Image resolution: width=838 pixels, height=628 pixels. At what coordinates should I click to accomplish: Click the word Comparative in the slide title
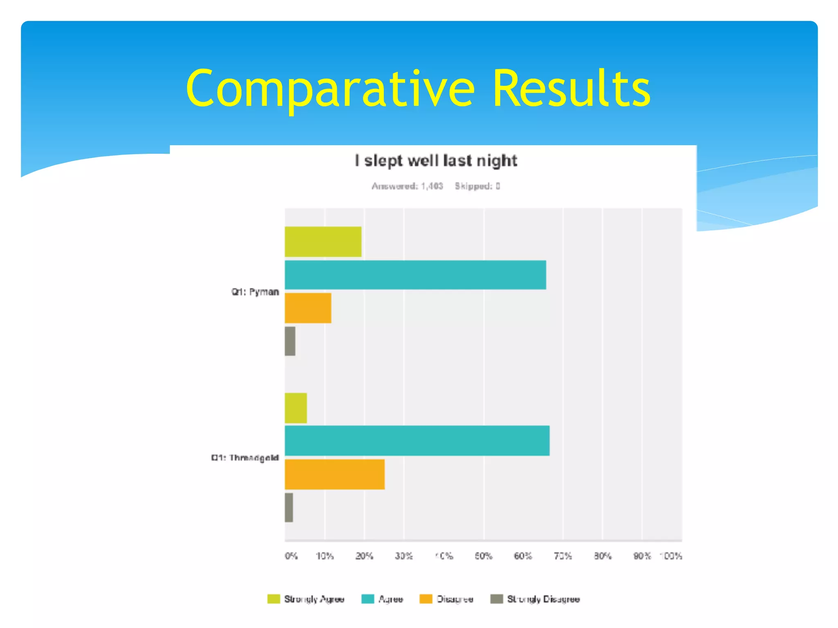(x=330, y=89)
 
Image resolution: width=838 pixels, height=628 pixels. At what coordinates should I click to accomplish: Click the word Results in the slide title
(x=571, y=89)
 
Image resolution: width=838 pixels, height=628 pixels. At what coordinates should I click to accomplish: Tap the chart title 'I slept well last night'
(x=436, y=161)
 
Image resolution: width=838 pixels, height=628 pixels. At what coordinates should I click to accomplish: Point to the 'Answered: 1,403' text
(x=407, y=186)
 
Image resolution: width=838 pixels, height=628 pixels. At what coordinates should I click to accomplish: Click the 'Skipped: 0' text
(x=477, y=186)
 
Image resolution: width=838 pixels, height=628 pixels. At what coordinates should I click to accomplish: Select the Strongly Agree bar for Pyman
(x=323, y=242)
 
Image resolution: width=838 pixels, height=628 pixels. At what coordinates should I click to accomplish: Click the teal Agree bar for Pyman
(x=415, y=275)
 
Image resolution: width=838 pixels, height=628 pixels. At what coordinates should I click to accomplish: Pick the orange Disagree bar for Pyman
(x=308, y=308)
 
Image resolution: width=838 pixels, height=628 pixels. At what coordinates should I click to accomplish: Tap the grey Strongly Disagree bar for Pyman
(x=290, y=341)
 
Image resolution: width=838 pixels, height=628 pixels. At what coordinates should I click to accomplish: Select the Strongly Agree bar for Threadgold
(x=296, y=408)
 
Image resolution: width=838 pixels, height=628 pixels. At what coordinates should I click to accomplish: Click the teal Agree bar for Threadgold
(x=417, y=441)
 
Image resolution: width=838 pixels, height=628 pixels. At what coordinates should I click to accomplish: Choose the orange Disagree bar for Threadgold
(x=335, y=474)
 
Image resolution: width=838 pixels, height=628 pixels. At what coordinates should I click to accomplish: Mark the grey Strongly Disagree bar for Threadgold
(x=289, y=507)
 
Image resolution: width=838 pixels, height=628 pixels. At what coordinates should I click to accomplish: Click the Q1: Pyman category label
(x=255, y=292)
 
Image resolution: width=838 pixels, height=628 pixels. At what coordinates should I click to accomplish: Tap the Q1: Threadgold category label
(x=245, y=458)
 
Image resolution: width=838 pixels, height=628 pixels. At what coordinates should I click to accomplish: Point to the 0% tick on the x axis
(x=291, y=556)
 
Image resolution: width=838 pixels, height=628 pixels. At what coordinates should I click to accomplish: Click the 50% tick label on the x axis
(x=483, y=556)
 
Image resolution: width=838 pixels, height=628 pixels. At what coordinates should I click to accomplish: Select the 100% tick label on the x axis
(x=671, y=556)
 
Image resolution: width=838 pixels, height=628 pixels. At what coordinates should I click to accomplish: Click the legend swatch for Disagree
(x=426, y=599)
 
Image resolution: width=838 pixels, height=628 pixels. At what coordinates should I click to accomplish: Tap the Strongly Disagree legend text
(x=543, y=599)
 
